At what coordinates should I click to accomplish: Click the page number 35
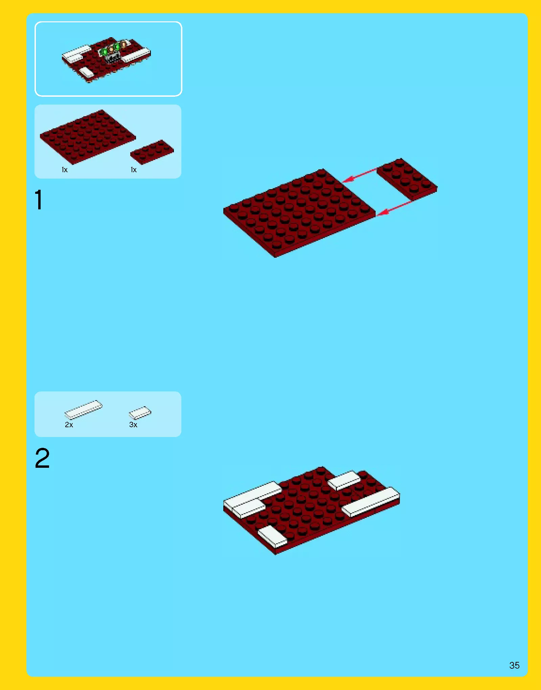[514, 665]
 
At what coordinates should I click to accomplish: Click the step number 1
[39, 200]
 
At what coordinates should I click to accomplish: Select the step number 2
[42, 458]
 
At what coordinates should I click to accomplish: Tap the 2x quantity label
[69, 424]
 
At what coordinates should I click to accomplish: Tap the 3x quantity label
[133, 424]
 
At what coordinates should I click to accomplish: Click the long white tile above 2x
[83, 409]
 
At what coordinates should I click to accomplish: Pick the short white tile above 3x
[140, 413]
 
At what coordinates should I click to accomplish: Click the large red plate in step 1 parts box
[88, 137]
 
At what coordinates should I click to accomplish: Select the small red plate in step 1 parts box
[152, 152]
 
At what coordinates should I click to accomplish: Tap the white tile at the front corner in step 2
[272, 536]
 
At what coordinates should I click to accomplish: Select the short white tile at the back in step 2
[344, 480]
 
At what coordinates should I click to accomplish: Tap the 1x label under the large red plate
[65, 170]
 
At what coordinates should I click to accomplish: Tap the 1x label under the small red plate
[134, 170]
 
